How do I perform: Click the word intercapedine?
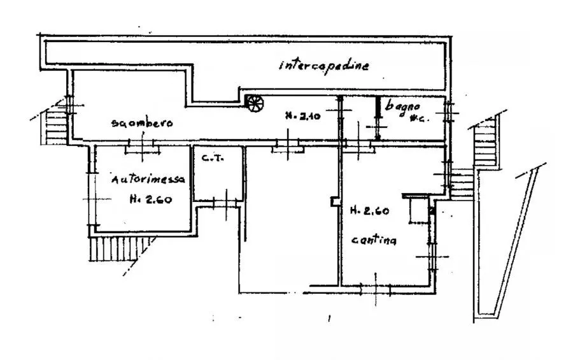323,65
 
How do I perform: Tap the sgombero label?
141,124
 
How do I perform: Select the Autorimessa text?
148,180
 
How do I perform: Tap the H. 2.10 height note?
301,116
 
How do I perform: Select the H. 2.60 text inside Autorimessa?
150,199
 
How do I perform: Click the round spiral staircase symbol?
254,103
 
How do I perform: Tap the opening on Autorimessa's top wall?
142,148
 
